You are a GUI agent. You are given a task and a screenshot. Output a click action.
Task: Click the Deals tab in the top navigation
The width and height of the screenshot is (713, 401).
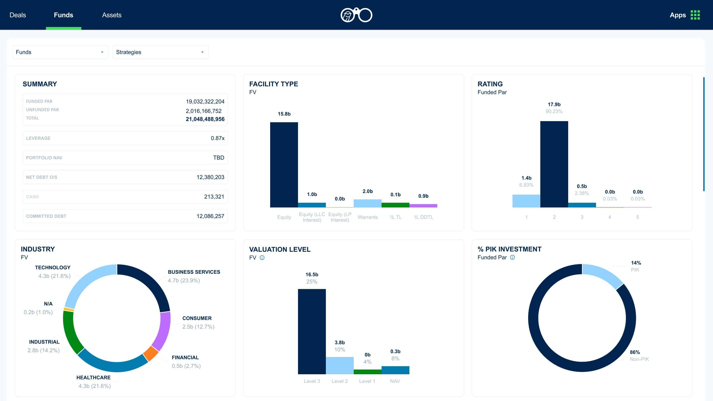[x=18, y=15]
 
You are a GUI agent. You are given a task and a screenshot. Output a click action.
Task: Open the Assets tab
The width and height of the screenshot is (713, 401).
[x=112, y=15]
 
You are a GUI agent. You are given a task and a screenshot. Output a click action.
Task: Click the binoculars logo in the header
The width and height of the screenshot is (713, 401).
[x=356, y=15]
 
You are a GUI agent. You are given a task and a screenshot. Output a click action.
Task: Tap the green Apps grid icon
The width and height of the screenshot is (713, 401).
[x=695, y=15]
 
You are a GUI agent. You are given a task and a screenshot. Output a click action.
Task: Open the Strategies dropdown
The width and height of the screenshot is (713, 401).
[x=160, y=52]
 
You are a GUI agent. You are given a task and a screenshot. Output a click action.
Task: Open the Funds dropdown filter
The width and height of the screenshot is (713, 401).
[x=60, y=52]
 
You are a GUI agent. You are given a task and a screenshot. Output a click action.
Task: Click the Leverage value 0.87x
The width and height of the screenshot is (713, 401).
[x=217, y=138]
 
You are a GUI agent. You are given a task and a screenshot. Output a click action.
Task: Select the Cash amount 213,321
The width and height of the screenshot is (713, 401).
[x=214, y=197]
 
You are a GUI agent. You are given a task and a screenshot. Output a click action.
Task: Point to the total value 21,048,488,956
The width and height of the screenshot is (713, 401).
[x=205, y=119]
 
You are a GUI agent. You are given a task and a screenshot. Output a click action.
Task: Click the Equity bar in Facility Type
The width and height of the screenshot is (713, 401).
[x=284, y=165]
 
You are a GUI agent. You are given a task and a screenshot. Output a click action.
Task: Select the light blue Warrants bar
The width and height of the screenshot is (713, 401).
[x=367, y=203]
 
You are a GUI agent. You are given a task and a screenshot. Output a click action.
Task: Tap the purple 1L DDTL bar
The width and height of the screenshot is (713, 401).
[x=423, y=206]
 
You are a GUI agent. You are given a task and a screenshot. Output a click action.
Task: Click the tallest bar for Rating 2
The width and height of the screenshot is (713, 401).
[x=554, y=164]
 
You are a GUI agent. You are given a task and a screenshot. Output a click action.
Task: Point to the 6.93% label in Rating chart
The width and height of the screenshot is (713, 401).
[x=526, y=185]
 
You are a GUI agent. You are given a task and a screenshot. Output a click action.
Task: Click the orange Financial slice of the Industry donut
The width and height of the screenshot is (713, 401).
[x=151, y=354]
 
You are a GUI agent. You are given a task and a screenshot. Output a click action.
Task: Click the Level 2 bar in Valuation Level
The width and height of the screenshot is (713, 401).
[x=340, y=365]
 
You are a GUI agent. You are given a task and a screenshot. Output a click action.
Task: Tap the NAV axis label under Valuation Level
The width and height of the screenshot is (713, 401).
[x=395, y=381]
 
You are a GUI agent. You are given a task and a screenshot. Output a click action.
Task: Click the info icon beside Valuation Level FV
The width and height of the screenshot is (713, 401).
[x=262, y=258]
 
